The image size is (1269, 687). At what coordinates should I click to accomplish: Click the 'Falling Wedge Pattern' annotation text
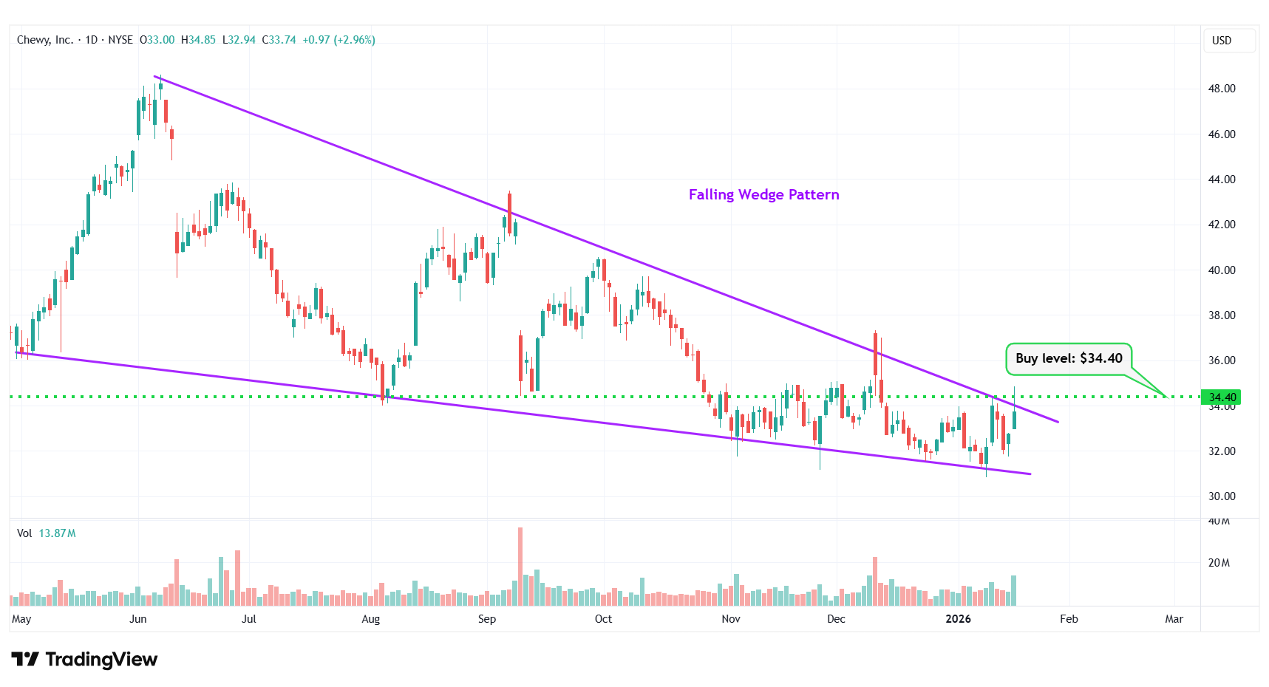click(x=763, y=194)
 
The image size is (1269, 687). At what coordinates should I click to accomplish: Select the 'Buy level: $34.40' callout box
click(x=1068, y=358)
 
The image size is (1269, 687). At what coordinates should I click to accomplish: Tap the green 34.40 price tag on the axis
click(x=1222, y=397)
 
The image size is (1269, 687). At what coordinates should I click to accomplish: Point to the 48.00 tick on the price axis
click(x=1222, y=89)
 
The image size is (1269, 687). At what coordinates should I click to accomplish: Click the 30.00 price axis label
click(x=1222, y=496)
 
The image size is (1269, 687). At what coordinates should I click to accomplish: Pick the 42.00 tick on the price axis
click(x=1222, y=225)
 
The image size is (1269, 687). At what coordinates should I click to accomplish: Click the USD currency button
click(x=1222, y=41)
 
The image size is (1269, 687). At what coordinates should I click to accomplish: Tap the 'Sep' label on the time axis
click(x=487, y=619)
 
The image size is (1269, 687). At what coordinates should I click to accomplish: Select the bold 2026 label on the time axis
click(x=958, y=619)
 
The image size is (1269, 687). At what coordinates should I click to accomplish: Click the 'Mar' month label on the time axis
click(x=1174, y=619)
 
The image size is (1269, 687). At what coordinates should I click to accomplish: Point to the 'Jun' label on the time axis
click(x=138, y=619)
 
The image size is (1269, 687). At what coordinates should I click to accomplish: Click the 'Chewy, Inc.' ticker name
click(x=44, y=40)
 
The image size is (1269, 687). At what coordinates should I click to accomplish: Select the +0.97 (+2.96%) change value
click(x=338, y=40)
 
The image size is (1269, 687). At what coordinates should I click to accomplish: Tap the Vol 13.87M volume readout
click(x=47, y=533)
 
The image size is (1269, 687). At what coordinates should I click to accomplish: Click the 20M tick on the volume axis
click(x=1219, y=563)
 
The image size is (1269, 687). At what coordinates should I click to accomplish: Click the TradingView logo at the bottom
click(x=84, y=659)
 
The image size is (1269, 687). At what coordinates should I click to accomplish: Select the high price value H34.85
click(x=199, y=40)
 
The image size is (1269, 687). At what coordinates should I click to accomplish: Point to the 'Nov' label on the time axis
click(x=731, y=619)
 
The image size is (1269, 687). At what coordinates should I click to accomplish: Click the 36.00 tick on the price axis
click(x=1222, y=360)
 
